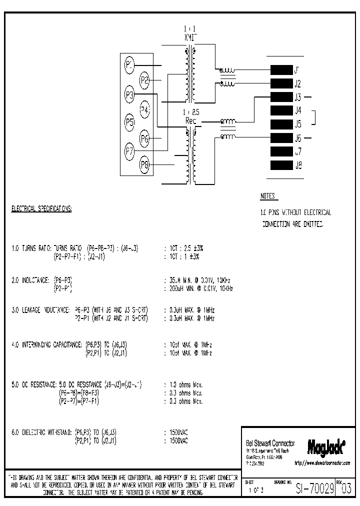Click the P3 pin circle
[x=129, y=93]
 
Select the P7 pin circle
[x=129, y=150]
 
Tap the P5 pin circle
[x=129, y=121]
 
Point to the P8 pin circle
[x=145, y=163]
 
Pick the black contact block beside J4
[x=280, y=110]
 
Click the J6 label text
[x=298, y=138]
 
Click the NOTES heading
[x=268, y=196]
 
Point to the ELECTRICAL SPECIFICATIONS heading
[x=41, y=209]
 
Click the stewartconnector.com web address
[x=322, y=463]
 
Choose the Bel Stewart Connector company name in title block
[x=270, y=443]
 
